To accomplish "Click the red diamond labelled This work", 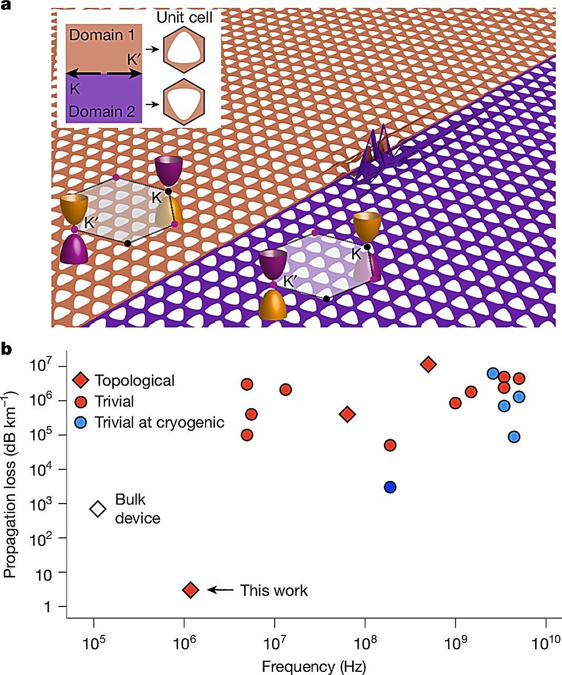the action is pos(191,590).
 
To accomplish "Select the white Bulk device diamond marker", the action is pos(98,509).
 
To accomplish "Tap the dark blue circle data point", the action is pos(390,487).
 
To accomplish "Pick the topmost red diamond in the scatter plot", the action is pos(429,364).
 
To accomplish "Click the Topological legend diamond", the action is pos(81,380).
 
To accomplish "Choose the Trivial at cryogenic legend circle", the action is pos(81,422).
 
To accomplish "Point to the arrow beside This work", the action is pos(220,590).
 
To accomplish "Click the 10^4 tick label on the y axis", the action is pos(42,469).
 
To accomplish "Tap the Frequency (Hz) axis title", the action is pos(314,666).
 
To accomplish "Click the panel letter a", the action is pos(6,6).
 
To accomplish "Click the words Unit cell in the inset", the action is pos(185,17).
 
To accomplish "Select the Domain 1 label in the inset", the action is pos(102,35).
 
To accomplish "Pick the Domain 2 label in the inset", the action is pos(102,111).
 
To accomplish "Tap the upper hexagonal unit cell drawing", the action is pos(184,50).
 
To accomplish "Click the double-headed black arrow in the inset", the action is pos(104,74).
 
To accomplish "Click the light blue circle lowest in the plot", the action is pos(514,437).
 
